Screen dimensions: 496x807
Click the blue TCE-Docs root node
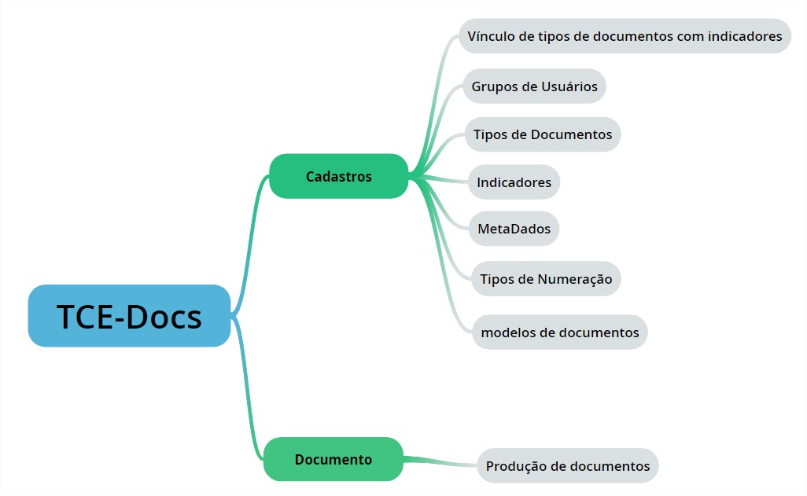pyautogui.click(x=129, y=316)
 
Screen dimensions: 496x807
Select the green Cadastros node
pyautogui.click(x=339, y=176)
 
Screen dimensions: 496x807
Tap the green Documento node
pyautogui.click(x=333, y=459)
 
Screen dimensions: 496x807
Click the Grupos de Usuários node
pyautogui.click(x=534, y=86)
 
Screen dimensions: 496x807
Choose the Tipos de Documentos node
pyautogui.click(x=543, y=134)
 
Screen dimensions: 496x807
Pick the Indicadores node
pyautogui.click(x=514, y=182)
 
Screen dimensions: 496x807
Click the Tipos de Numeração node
pyautogui.click(x=546, y=279)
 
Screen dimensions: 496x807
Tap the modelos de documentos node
pyautogui.click(x=559, y=333)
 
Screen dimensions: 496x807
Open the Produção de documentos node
pyautogui.click(x=567, y=466)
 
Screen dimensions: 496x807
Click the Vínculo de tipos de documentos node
pyautogui.click(x=625, y=36)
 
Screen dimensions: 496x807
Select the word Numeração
pyautogui.click(x=575, y=279)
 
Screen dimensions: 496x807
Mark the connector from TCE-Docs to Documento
pyautogui.click(x=249, y=393)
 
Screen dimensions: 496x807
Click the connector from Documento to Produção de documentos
pyautogui.click(x=440, y=461)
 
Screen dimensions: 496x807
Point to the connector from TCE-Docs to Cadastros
pyautogui.click(x=250, y=236)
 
